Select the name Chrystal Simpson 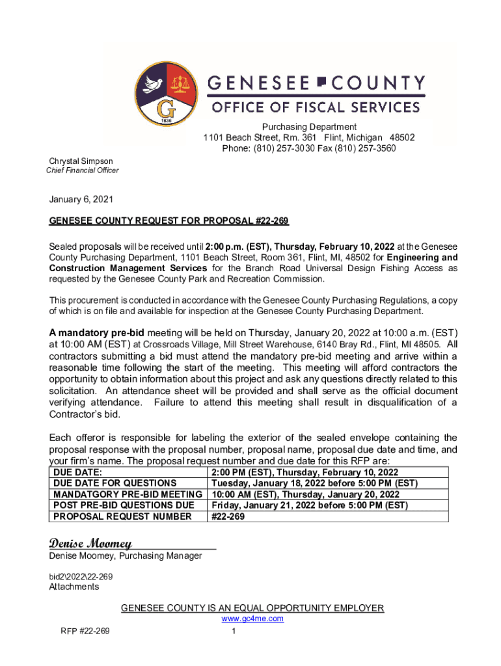click(81, 161)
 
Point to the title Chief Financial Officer click(82, 170)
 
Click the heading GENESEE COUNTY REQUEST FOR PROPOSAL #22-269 click(169, 221)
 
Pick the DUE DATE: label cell click(77, 472)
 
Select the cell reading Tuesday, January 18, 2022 click(314, 483)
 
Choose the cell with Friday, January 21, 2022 click(309, 505)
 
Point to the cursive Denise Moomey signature click(90, 542)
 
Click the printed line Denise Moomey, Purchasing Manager click(126, 555)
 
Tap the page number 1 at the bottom click(233, 631)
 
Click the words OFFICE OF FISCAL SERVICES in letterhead click(314, 107)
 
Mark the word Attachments click(74, 587)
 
